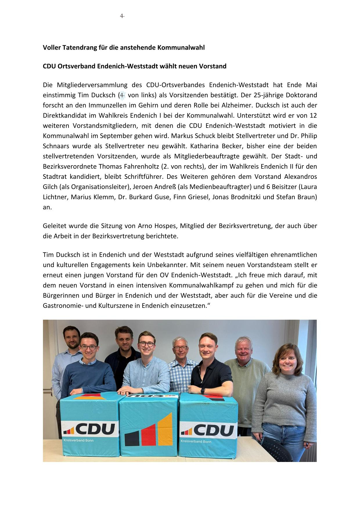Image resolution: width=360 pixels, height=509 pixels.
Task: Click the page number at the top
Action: pyautogui.click(x=122, y=16)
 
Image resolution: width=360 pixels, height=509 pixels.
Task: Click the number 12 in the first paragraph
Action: pyautogui.click(x=313, y=115)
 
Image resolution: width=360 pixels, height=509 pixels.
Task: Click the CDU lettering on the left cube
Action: pyautogui.click(x=96, y=429)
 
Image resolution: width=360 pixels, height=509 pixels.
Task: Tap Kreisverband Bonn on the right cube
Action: pyautogui.click(x=196, y=441)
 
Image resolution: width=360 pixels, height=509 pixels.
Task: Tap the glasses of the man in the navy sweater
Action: pyautogui.click(x=88, y=348)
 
